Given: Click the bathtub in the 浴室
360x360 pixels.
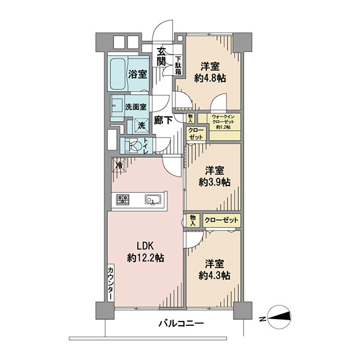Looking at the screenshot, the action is coord(118,74).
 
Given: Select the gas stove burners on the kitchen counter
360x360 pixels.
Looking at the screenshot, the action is coord(123,199).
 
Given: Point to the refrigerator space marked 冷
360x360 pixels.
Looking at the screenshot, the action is coord(119,164).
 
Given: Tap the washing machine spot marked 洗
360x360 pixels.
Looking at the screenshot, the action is coord(142,125).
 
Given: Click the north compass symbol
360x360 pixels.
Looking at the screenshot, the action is coord(280,317).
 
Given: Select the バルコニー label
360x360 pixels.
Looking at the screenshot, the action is coord(181,324).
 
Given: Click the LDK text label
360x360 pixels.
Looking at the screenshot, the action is coord(145,246).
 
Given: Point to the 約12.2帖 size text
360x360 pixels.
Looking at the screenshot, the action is coord(145,258).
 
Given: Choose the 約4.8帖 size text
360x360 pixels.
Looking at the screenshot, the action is coord(210,79).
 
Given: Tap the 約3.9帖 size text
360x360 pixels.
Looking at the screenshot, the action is coord(214,182).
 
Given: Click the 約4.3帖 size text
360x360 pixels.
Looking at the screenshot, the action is coord(214,275).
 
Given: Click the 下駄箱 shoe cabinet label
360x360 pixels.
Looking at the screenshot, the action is coord(179,65).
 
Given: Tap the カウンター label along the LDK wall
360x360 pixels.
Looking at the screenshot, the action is coord(110,283).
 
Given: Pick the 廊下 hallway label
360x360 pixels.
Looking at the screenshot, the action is coord(163,120).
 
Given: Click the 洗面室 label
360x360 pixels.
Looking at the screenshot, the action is coord(136,107).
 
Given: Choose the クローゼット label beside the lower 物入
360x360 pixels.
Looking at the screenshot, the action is coord(221,220).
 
